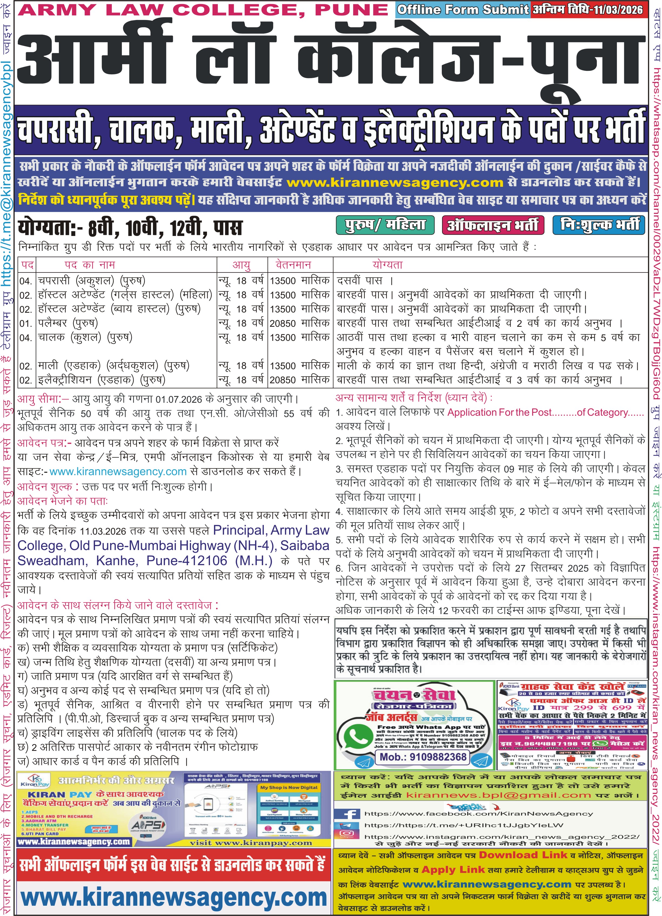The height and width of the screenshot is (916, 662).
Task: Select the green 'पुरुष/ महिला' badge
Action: click(x=385, y=225)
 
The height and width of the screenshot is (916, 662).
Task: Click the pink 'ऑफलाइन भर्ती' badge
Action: click(x=493, y=225)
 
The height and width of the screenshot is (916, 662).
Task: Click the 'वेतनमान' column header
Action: click(x=293, y=265)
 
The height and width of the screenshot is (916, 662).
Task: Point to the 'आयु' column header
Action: click(x=241, y=265)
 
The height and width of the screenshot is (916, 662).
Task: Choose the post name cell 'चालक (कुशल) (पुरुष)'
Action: click(x=85, y=337)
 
